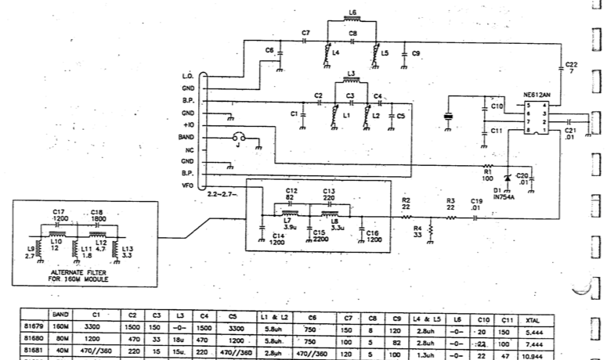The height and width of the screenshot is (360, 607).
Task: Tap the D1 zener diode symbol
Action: click(507, 178)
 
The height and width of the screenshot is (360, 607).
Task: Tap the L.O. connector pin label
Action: click(187, 76)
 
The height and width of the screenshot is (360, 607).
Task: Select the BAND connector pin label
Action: click(186, 136)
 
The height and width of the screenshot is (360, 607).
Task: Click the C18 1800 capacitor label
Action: click(97, 215)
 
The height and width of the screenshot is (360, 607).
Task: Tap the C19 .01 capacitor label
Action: click(475, 205)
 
